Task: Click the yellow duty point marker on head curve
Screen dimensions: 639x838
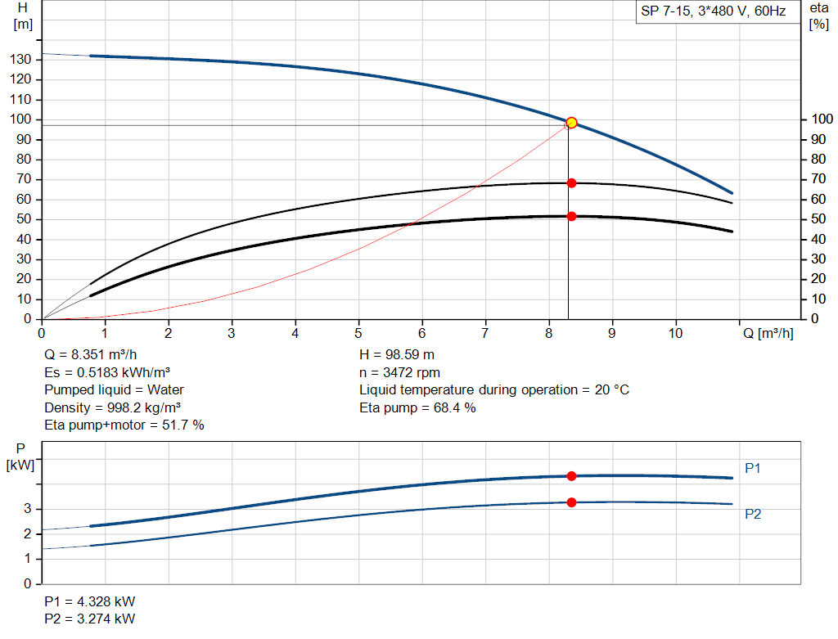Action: pos(571,123)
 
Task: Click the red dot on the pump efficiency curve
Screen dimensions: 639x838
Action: pos(571,183)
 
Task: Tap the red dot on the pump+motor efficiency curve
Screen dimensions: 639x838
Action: pos(571,216)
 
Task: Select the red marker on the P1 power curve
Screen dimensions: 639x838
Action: pos(571,475)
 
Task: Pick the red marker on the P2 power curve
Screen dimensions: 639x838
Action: pos(571,502)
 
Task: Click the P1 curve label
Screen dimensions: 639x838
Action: pos(753,468)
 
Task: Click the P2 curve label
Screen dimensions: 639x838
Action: pos(753,514)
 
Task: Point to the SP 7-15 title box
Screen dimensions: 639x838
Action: pos(713,12)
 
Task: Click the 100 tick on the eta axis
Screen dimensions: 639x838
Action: pos(818,119)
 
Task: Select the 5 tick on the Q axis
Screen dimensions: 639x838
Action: pos(358,333)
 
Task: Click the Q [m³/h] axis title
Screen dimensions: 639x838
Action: pos(768,333)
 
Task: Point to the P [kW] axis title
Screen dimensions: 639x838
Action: pos(22,457)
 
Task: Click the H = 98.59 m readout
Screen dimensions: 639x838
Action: pos(397,355)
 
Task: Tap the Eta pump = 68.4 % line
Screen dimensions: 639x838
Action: pos(417,407)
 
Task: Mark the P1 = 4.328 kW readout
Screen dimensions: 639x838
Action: pos(90,601)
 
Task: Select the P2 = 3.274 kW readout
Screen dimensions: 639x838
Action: pos(90,618)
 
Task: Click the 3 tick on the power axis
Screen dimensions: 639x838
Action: pos(27,509)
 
